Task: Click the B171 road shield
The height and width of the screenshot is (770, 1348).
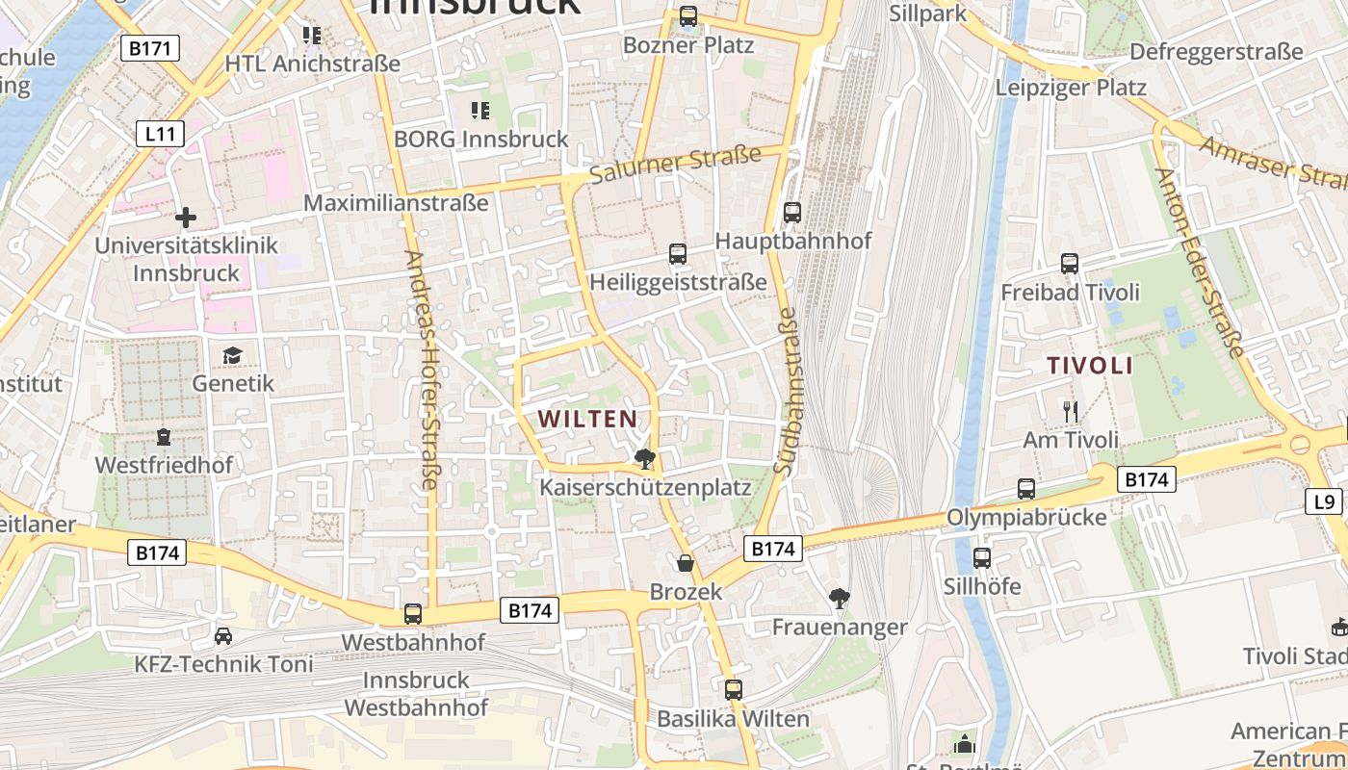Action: pyautogui.click(x=150, y=47)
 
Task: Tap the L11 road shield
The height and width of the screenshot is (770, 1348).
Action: pyautogui.click(x=159, y=133)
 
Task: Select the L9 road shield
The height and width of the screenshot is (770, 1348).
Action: pyautogui.click(x=1325, y=500)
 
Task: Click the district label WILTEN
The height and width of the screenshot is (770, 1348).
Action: pyautogui.click(x=587, y=419)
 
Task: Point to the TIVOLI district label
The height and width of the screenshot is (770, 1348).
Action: pyautogui.click(x=1090, y=366)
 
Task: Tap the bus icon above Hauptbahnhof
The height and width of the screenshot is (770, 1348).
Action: pyautogui.click(x=792, y=213)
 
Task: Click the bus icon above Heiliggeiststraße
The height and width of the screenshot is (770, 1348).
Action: pyautogui.click(x=678, y=254)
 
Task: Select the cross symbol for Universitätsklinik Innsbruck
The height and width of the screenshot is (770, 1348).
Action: pyautogui.click(x=186, y=218)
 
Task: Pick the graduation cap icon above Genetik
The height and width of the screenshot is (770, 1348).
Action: pyautogui.click(x=232, y=356)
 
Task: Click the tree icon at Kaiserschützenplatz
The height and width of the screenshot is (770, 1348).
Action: pyautogui.click(x=644, y=459)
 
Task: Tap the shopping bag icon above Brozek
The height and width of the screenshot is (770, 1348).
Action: pyautogui.click(x=686, y=563)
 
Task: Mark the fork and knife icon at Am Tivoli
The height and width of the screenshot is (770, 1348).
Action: pyautogui.click(x=1070, y=412)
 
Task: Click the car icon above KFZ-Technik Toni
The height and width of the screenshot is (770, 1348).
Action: pyautogui.click(x=223, y=636)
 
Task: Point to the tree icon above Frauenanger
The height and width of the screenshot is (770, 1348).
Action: pyautogui.click(x=840, y=599)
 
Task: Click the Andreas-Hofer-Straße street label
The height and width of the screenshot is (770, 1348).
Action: pyautogui.click(x=422, y=371)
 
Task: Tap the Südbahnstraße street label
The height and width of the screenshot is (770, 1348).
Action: pyautogui.click(x=786, y=391)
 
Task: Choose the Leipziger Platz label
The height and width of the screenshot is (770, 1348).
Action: pyautogui.click(x=1071, y=88)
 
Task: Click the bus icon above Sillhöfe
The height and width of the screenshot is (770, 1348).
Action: pyautogui.click(x=982, y=557)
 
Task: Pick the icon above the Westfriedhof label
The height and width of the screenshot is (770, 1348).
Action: pyautogui.click(x=164, y=438)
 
